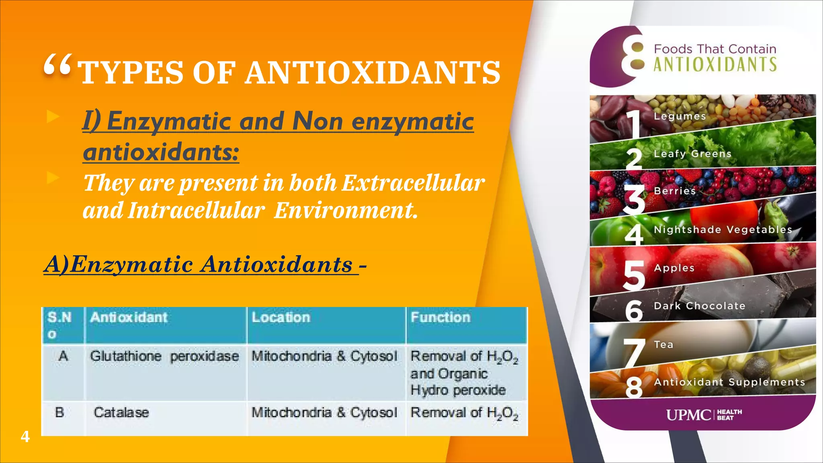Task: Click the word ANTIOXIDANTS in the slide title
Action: click(x=373, y=73)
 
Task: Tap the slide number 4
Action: click(x=25, y=436)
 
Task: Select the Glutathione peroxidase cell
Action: click(x=164, y=356)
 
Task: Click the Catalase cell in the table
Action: click(x=121, y=412)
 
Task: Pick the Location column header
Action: click(x=281, y=318)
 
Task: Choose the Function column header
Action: click(x=440, y=318)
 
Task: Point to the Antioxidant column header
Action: click(x=129, y=318)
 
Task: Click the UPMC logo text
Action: click(x=688, y=415)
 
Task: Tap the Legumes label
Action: click(x=680, y=116)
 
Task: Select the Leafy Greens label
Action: click(x=693, y=154)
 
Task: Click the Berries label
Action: click(x=675, y=191)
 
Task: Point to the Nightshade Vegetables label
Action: click(x=723, y=229)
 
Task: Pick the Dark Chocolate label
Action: click(x=700, y=306)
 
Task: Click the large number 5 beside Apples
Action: click(x=634, y=275)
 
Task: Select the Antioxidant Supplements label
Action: click(x=729, y=382)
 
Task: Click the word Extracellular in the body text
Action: click(x=414, y=183)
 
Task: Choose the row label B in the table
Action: click(x=59, y=412)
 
